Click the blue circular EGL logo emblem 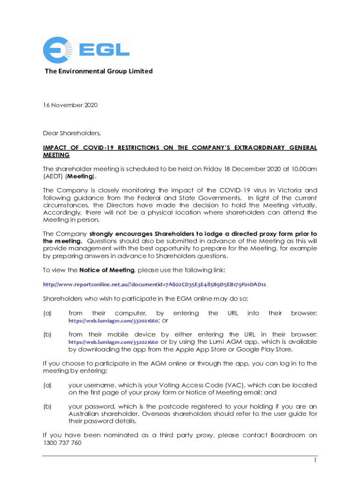click(x=57, y=51)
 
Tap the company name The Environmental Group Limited click(x=99, y=71)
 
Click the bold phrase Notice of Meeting click(x=107, y=270)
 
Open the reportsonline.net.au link click(x=155, y=284)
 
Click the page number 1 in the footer click(x=315, y=461)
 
